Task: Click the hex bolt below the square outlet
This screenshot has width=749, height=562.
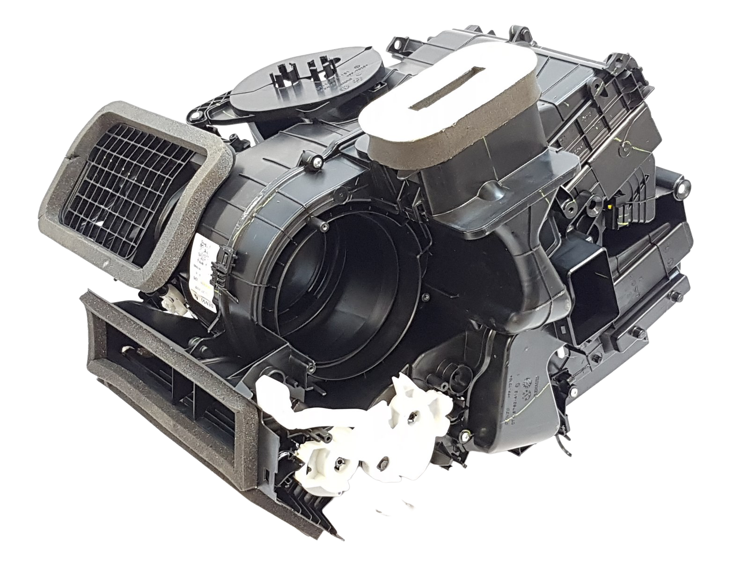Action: [x=637, y=333]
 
